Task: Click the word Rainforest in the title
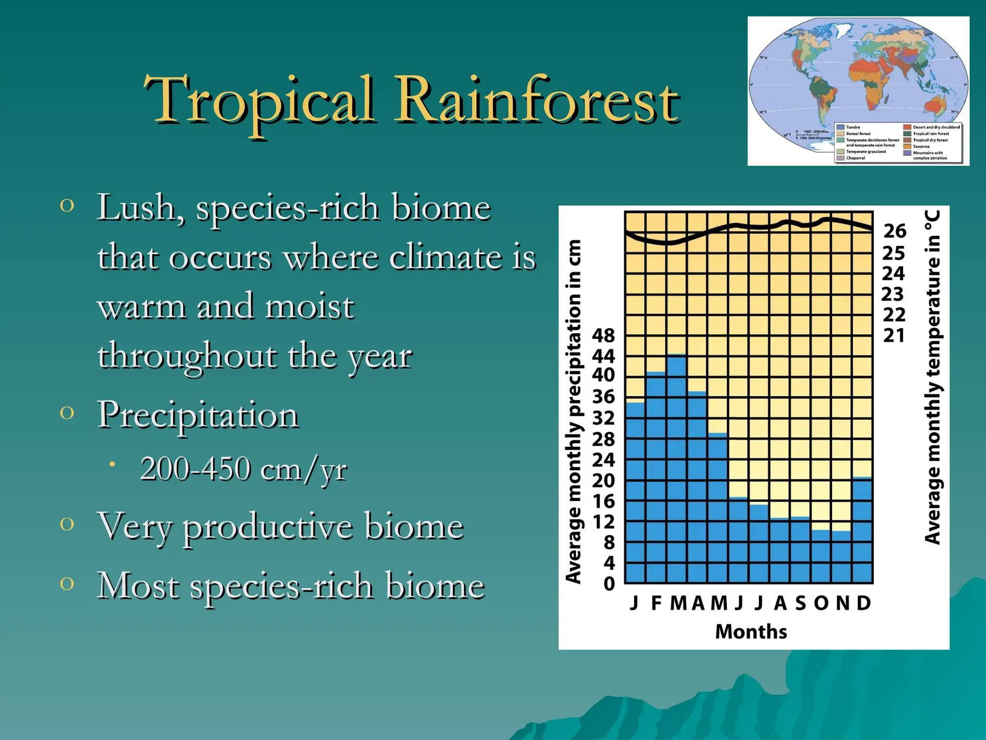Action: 537,101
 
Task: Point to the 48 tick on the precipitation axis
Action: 603,335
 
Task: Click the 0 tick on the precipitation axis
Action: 609,584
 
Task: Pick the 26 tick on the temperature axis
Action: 895,231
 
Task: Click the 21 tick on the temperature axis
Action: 894,335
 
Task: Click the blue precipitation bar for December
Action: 862,530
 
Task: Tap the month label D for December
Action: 864,603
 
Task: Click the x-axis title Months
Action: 751,632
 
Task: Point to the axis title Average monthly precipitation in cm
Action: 573,412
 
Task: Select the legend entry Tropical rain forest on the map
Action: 931,133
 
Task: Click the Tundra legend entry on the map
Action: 853,127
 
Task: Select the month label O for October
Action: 821,603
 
